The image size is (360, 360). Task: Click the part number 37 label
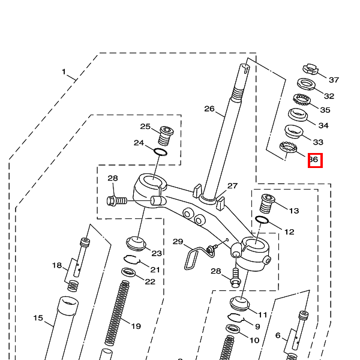(x=334, y=80)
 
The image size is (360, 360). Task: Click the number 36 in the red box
(x=315, y=160)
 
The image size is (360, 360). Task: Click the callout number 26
(x=209, y=109)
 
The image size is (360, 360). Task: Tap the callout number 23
(x=157, y=253)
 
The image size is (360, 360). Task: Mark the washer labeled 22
(x=128, y=273)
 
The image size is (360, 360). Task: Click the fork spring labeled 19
(x=117, y=312)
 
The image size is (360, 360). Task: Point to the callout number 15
(x=38, y=318)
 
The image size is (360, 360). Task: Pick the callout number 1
(x=64, y=72)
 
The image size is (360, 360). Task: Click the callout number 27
(x=232, y=186)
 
